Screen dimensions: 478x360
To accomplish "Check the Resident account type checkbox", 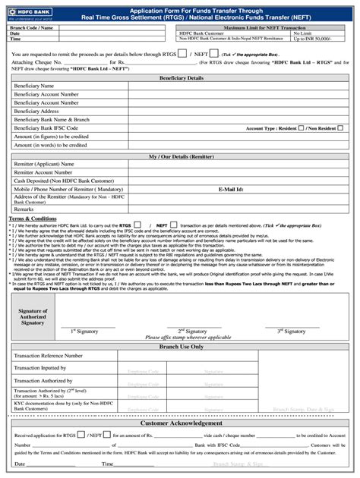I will tap(301, 128).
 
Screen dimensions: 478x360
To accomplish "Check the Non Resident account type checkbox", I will tap(343, 128).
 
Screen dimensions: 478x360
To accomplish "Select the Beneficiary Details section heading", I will tap(181, 78).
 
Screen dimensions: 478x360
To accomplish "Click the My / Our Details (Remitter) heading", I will tap(181, 156).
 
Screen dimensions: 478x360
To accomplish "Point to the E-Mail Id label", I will tap(231, 189).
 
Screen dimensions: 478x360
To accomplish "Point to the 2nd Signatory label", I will tap(192, 331).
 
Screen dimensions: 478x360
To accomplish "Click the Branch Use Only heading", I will tap(181, 346).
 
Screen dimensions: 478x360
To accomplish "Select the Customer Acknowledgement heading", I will tap(181, 422).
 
